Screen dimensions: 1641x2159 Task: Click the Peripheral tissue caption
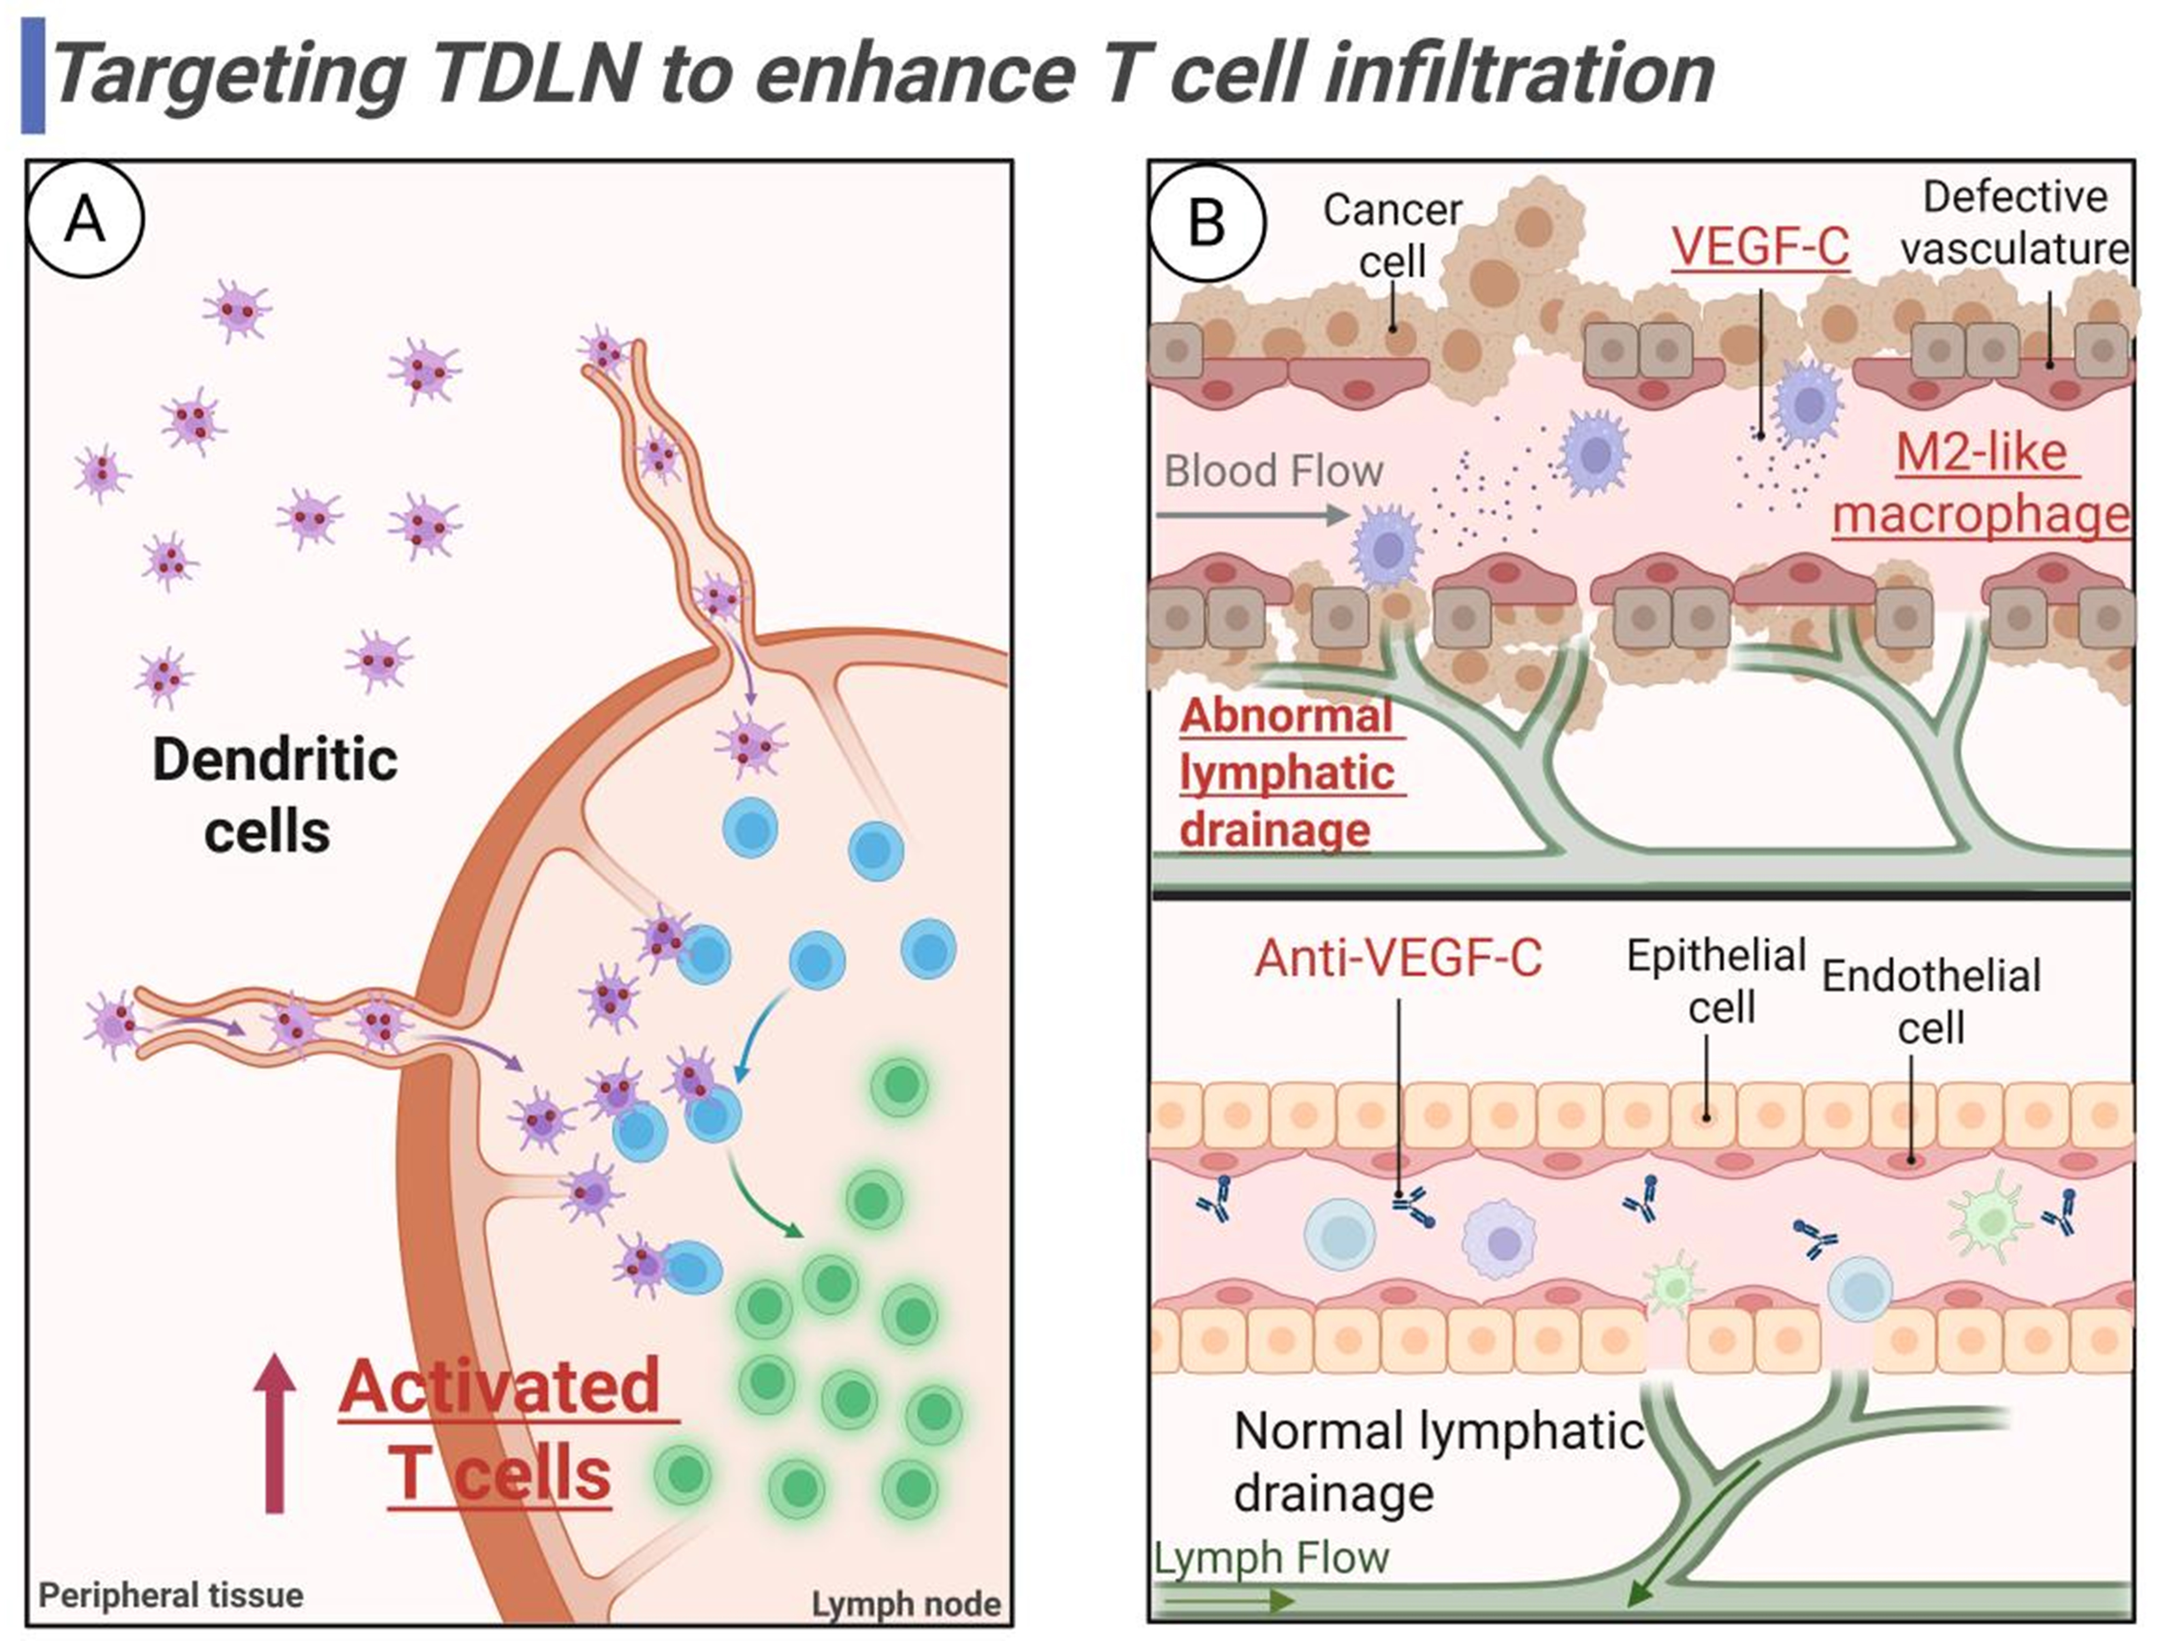tap(171, 1595)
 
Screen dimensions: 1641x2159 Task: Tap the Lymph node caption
tap(906, 1604)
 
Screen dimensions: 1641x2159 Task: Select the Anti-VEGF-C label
tap(1398, 957)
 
